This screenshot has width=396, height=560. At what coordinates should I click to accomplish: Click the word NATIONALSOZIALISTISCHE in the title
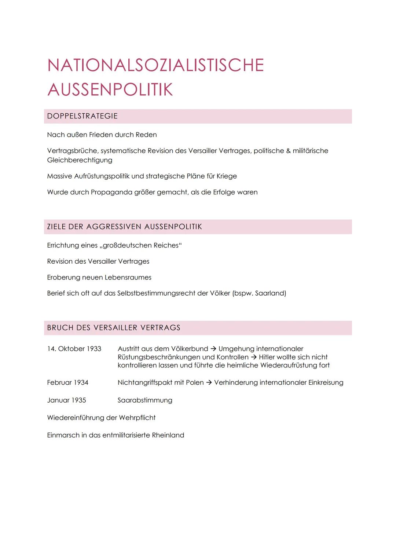(155, 65)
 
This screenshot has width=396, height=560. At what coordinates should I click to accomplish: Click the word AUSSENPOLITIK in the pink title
(110, 90)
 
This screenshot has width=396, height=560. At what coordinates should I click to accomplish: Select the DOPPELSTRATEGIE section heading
(82, 116)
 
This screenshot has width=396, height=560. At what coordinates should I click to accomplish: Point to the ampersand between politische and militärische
(288, 151)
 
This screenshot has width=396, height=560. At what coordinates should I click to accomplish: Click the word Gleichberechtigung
(80, 160)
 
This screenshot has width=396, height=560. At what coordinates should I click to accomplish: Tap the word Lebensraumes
(128, 278)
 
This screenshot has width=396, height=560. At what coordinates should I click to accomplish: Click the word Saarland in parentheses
(269, 293)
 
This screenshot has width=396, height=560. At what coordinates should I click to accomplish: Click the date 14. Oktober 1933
(74, 349)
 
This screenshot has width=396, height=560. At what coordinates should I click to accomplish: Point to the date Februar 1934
(67, 383)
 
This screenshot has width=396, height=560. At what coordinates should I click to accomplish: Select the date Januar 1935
(66, 400)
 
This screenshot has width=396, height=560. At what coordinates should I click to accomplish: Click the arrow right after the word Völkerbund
(213, 349)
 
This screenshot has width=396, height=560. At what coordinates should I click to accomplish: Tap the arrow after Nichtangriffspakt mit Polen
(209, 383)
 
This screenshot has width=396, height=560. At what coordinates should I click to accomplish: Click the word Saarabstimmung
(145, 400)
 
